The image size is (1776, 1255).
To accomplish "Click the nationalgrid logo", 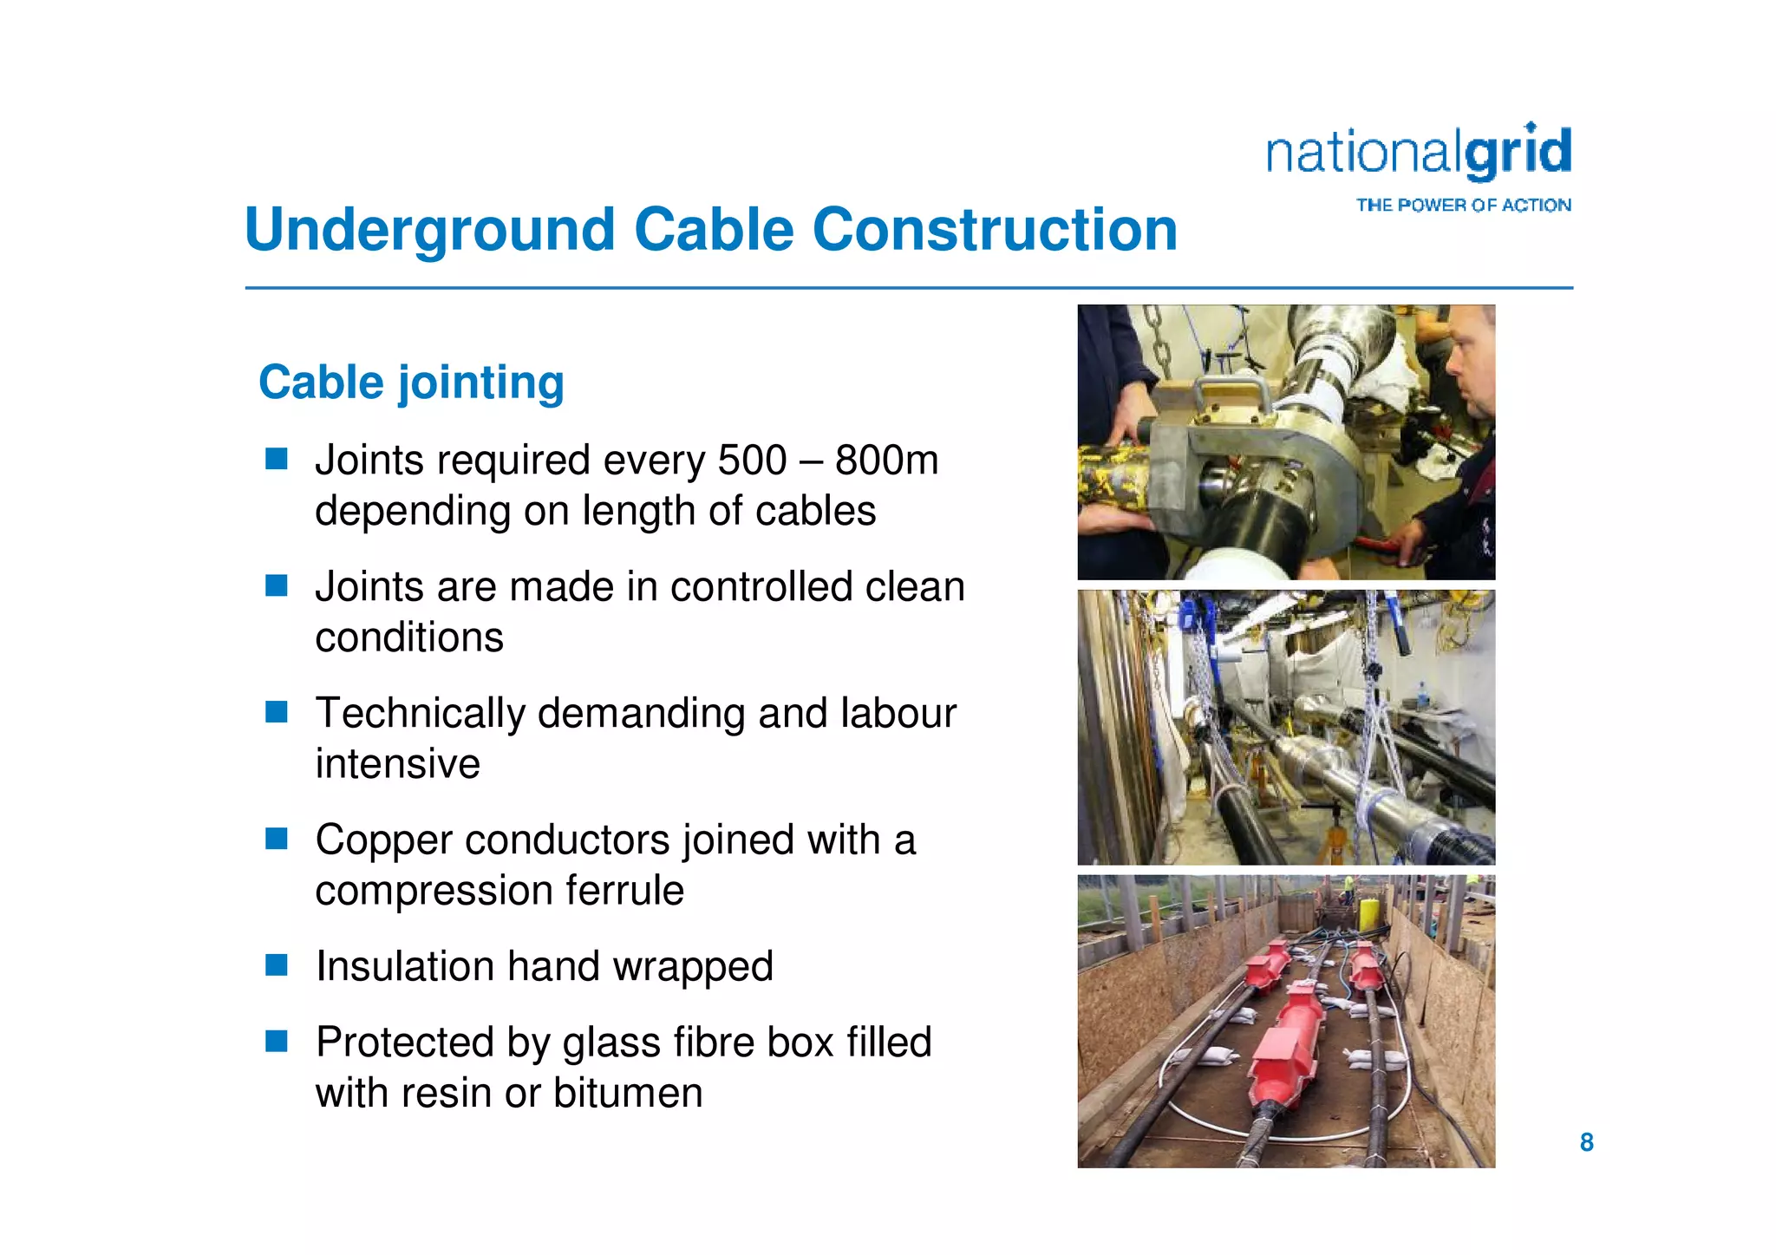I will [x=1418, y=154].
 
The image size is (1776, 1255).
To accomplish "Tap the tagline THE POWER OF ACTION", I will [x=1463, y=206].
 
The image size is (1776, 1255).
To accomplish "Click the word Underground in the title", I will [x=430, y=231].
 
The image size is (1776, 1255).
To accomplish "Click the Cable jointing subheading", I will [x=411, y=382].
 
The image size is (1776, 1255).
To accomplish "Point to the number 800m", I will [x=886, y=460].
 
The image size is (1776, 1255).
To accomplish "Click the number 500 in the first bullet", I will [x=751, y=460].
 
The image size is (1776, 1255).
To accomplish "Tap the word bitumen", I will [x=628, y=1093].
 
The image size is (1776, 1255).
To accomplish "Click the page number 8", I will [x=1586, y=1142].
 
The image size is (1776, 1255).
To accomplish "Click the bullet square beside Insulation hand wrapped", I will [x=277, y=965].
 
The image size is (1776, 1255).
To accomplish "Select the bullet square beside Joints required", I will [x=277, y=459].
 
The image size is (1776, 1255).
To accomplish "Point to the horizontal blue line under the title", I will [x=908, y=288].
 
